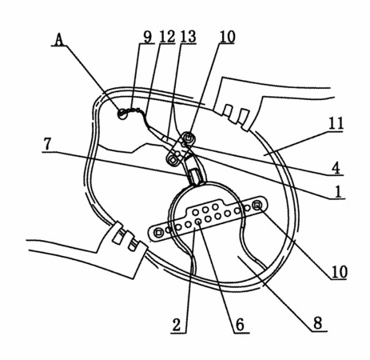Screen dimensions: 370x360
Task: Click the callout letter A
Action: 59,40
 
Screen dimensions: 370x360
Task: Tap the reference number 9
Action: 147,37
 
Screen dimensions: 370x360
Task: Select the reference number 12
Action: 167,37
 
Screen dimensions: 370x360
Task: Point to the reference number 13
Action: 188,37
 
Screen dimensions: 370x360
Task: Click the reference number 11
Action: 336,123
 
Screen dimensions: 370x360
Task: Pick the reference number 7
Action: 47,144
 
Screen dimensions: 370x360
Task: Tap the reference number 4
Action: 336,168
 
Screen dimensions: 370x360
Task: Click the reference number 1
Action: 338,191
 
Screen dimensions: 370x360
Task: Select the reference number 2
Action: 177,325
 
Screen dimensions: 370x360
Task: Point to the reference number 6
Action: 240,325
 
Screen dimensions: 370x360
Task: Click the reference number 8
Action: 318,323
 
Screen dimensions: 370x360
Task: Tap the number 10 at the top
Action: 227,37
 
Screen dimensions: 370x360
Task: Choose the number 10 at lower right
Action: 339,272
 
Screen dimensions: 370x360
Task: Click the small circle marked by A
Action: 122,114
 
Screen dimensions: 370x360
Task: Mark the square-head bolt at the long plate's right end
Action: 257,206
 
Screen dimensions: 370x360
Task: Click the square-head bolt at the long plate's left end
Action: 159,233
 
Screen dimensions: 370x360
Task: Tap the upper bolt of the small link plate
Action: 189,138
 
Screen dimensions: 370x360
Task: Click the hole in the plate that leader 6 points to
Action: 198,222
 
